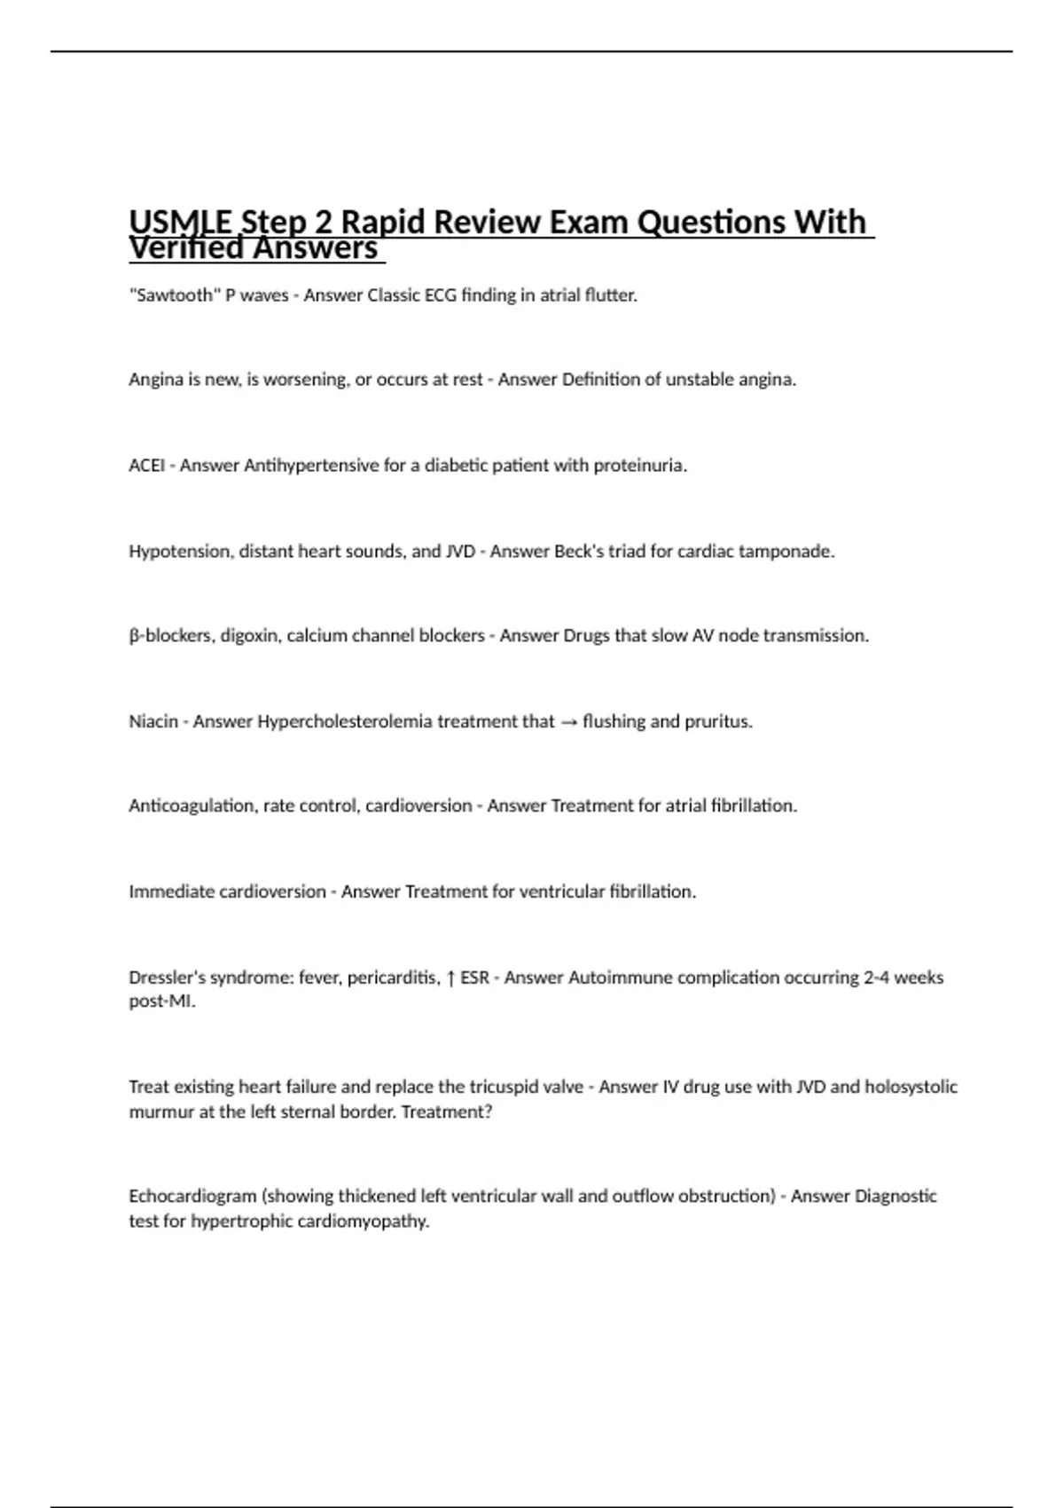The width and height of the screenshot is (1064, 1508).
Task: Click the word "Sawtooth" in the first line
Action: pos(175,295)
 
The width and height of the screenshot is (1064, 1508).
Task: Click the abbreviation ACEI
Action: pos(146,466)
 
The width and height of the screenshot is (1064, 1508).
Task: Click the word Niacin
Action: pos(153,722)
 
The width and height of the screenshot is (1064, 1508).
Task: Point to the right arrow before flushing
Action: pos(568,722)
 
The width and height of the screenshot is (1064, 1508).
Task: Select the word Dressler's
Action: pos(167,978)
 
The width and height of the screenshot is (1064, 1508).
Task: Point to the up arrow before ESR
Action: pos(450,978)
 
